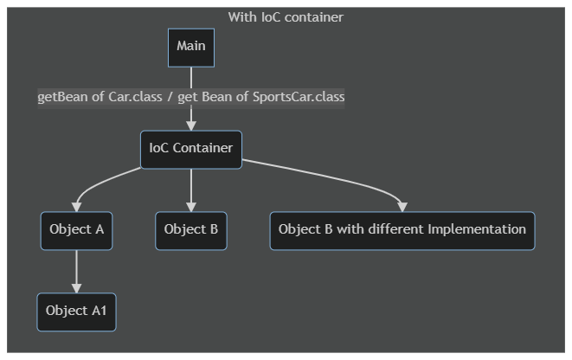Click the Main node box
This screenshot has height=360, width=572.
tap(191, 47)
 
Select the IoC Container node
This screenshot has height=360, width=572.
tap(191, 149)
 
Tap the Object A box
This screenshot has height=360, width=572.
tap(76, 230)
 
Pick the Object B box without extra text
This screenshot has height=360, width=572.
tap(191, 230)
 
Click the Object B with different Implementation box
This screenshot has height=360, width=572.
tap(402, 230)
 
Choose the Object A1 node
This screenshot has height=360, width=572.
tap(76, 312)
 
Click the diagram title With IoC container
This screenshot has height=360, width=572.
tap(286, 17)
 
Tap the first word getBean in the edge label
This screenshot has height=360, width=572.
tap(61, 97)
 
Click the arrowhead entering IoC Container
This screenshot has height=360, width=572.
tap(191, 125)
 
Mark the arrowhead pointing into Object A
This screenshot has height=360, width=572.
tap(76, 207)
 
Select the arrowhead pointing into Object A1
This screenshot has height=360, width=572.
tap(76, 288)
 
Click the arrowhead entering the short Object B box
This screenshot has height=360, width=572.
tap(191, 207)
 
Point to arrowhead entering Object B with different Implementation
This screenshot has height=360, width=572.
tap(402, 207)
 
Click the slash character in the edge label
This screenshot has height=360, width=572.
tap(170, 97)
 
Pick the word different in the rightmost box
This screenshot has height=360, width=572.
tap(403, 230)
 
